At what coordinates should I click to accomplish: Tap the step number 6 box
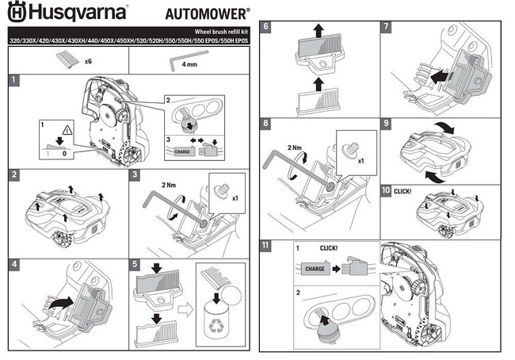(267, 26)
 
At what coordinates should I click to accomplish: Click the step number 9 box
(385, 124)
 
